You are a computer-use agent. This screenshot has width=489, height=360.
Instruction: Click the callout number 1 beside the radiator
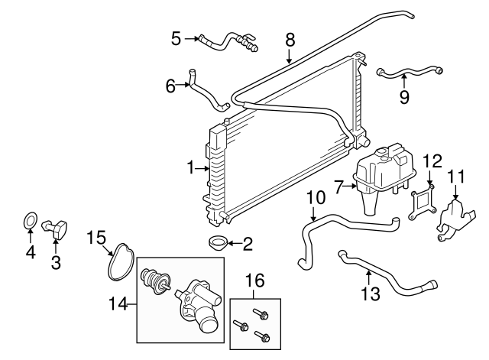click(x=191, y=167)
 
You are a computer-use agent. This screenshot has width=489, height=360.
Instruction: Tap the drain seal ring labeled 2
click(x=217, y=245)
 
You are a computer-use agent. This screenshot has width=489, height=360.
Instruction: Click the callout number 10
click(x=312, y=198)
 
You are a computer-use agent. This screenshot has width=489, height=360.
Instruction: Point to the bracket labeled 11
click(x=452, y=216)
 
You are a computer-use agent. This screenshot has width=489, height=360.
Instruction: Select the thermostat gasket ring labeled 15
click(x=119, y=259)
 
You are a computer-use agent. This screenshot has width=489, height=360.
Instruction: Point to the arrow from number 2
click(x=233, y=245)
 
